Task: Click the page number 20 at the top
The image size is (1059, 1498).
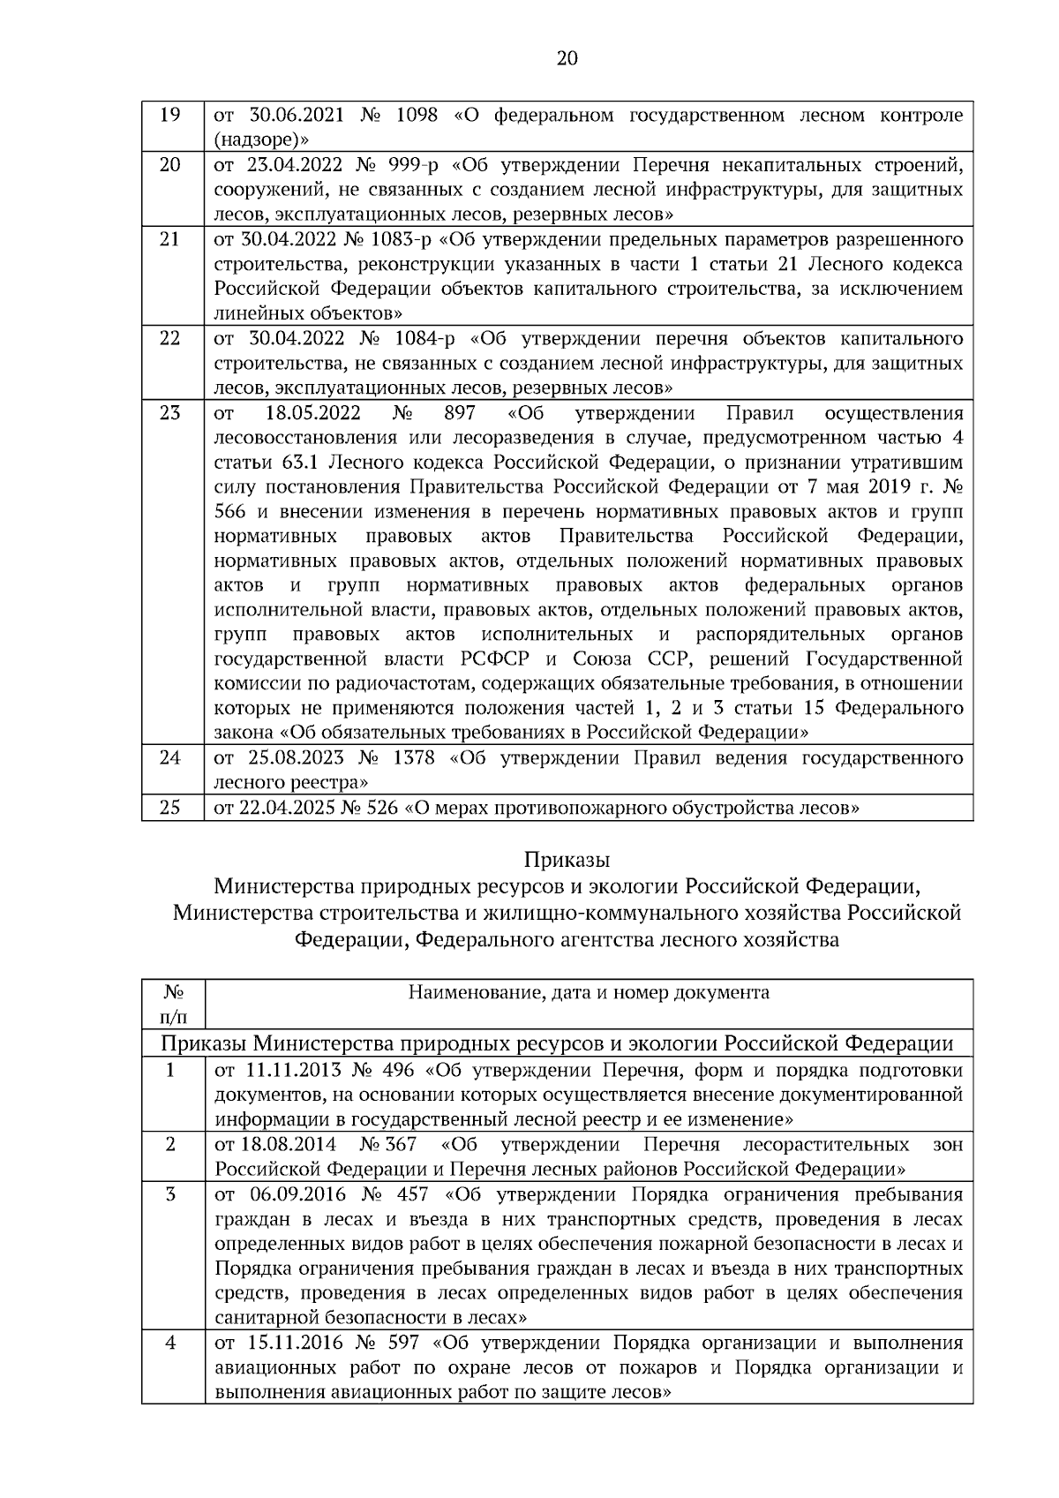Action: click(567, 58)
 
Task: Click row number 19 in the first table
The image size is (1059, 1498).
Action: click(170, 116)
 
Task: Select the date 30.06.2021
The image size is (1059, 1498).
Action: click(290, 116)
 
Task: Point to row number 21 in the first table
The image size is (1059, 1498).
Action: click(170, 239)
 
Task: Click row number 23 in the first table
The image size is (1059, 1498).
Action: click(170, 413)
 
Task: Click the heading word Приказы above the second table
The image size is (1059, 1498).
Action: click(567, 859)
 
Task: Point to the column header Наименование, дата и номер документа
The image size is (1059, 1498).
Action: click(589, 992)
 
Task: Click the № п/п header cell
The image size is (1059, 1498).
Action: click(172, 1004)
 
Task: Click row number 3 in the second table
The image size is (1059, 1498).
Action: click(170, 1194)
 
